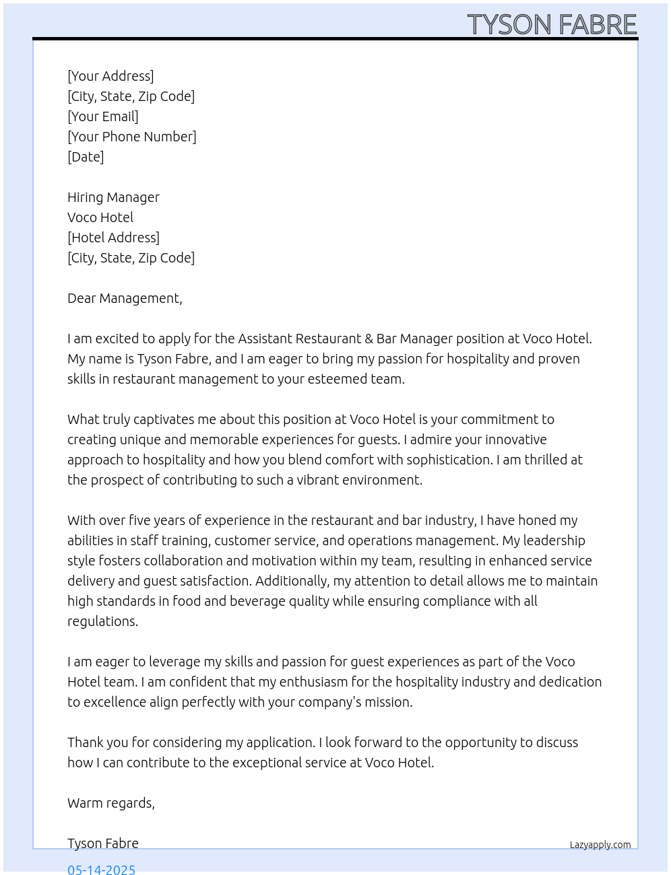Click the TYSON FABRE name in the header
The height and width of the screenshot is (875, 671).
click(552, 25)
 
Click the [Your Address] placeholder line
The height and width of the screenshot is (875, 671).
click(110, 76)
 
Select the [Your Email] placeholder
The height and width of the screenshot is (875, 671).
click(103, 116)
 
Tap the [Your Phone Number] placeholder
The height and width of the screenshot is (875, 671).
click(132, 137)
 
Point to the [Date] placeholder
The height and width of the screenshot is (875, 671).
click(86, 157)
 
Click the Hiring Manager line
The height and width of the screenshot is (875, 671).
click(113, 197)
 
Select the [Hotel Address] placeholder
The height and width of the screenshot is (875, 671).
click(113, 238)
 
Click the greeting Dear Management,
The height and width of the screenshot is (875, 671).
click(125, 298)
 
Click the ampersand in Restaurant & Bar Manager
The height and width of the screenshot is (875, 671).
click(369, 339)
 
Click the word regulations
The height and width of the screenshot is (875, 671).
click(102, 621)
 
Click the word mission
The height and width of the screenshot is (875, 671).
click(389, 702)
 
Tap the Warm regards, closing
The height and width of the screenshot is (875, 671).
click(111, 803)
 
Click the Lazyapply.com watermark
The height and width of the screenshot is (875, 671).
click(600, 845)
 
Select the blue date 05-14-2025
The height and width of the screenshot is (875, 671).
click(101, 869)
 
